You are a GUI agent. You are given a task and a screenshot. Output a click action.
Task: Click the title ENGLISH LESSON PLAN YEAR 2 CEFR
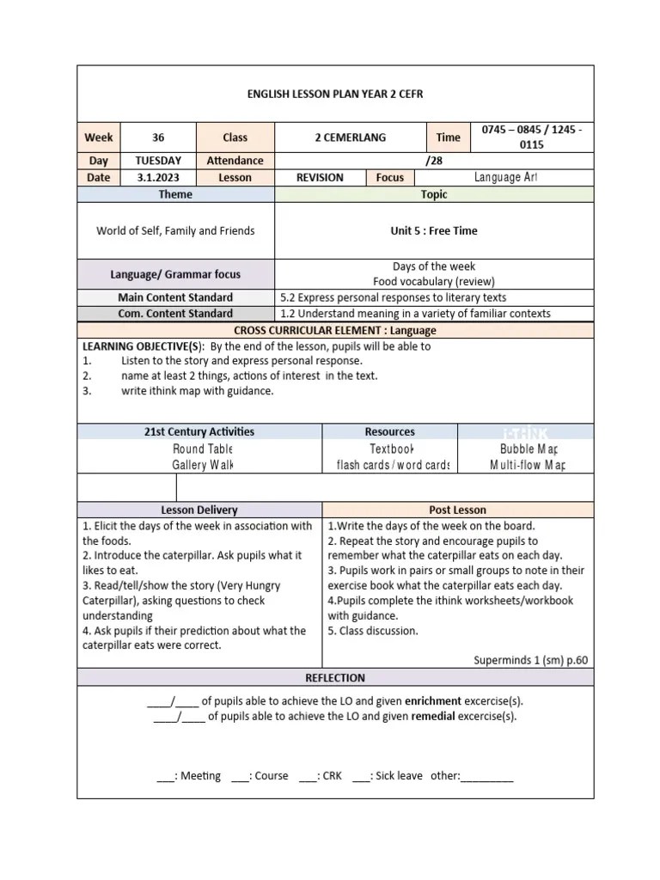click(x=334, y=93)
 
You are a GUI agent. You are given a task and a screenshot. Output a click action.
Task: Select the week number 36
click(x=158, y=137)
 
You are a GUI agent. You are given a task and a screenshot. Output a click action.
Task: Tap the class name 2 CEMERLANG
click(x=350, y=137)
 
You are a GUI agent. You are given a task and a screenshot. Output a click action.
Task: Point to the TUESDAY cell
click(x=158, y=161)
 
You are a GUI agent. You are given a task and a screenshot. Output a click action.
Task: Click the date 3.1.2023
click(x=158, y=178)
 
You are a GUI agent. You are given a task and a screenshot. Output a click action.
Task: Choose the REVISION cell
click(x=320, y=178)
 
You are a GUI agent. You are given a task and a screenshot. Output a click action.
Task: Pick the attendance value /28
click(x=434, y=161)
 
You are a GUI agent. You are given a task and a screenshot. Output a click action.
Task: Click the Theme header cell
click(x=175, y=195)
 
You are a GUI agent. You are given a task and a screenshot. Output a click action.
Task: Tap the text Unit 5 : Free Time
click(x=433, y=231)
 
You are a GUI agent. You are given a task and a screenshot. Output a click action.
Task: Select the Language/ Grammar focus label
click(x=175, y=275)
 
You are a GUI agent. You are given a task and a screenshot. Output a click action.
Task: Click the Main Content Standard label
click(x=175, y=298)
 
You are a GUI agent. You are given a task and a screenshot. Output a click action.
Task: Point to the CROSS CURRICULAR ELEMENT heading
click(x=334, y=330)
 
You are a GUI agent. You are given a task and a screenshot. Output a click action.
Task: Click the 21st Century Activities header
click(x=199, y=432)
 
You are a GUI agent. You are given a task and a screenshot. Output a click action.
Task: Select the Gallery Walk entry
click(x=203, y=465)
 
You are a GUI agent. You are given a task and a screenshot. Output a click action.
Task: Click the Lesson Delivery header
click(x=199, y=510)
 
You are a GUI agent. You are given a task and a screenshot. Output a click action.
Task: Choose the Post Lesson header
click(x=457, y=510)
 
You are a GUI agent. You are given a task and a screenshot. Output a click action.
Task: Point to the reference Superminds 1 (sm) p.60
click(x=530, y=661)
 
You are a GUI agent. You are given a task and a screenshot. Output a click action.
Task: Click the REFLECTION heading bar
click(x=334, y=678)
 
